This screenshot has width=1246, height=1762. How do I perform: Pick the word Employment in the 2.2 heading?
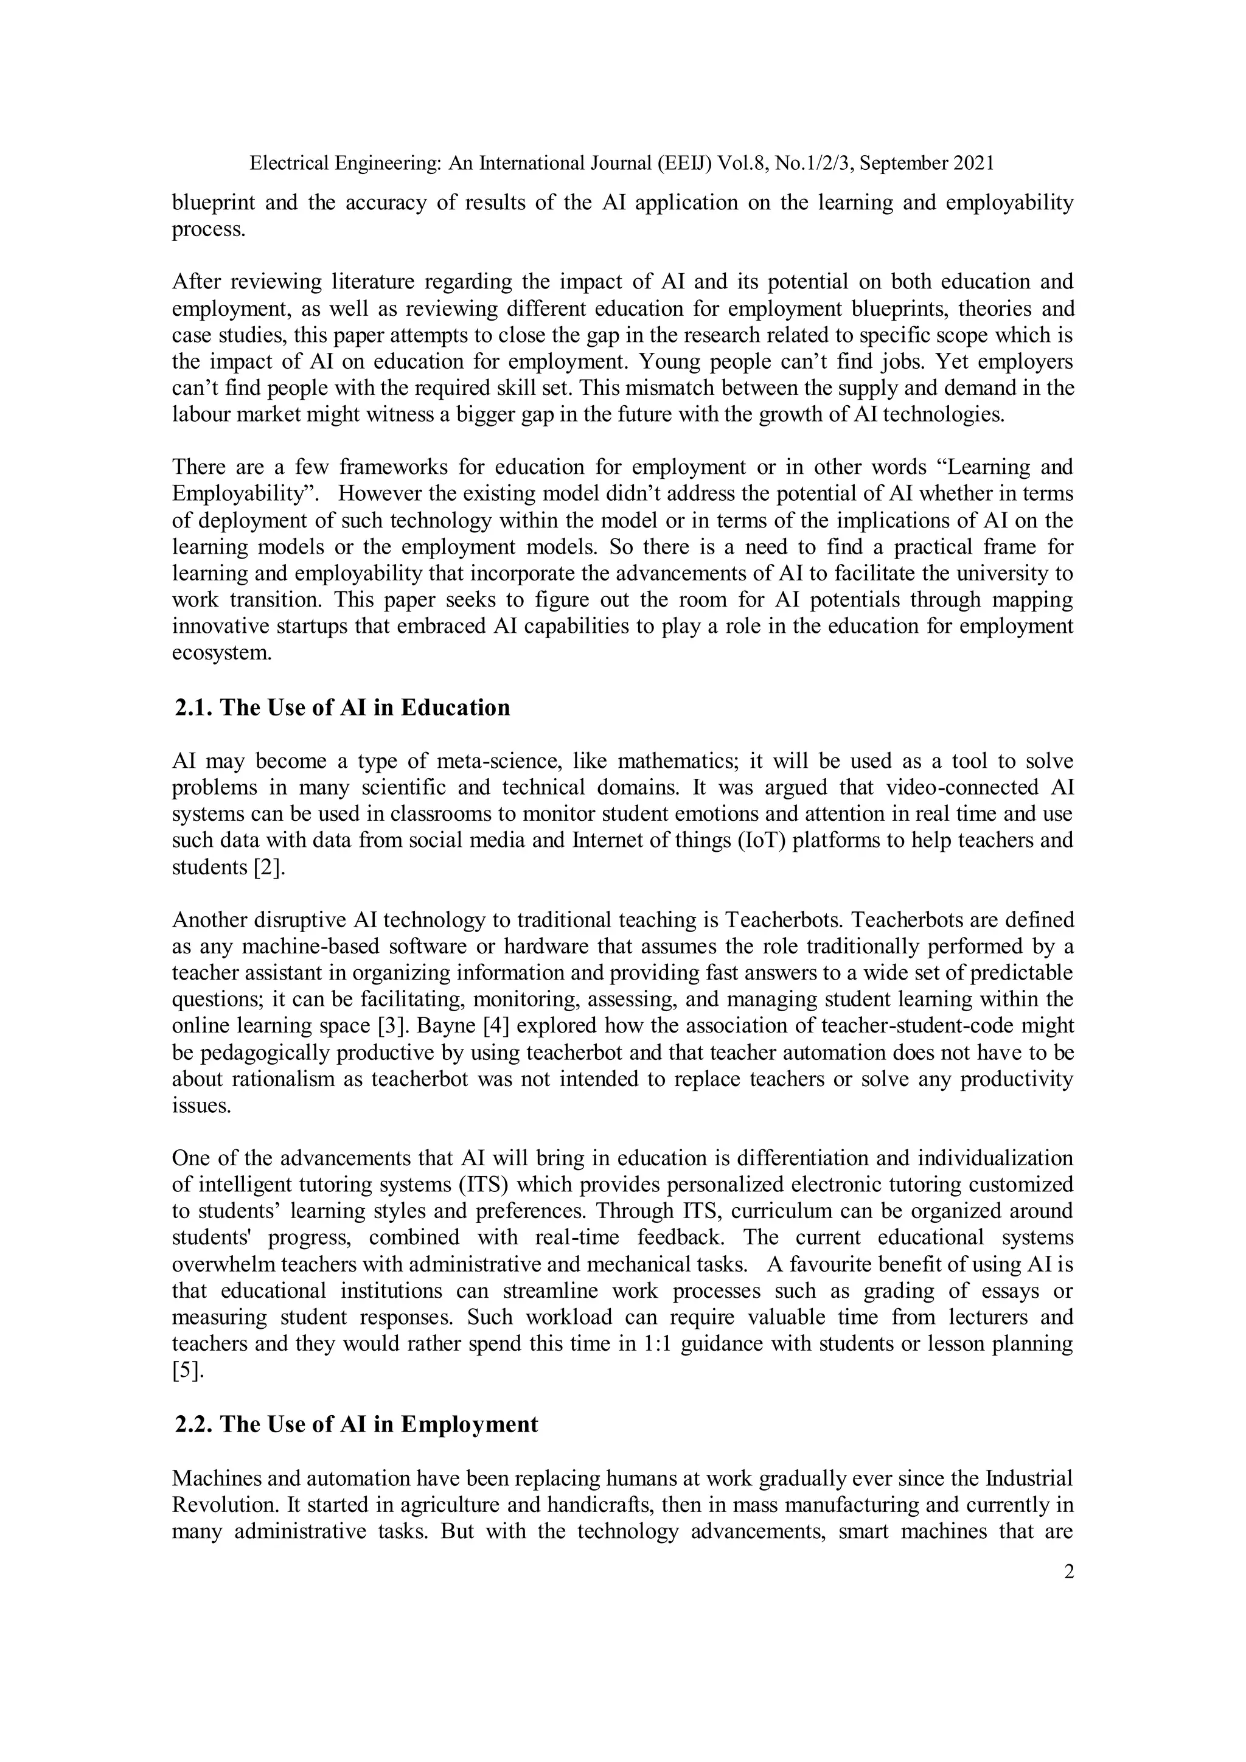click(x=470, y=1424)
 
